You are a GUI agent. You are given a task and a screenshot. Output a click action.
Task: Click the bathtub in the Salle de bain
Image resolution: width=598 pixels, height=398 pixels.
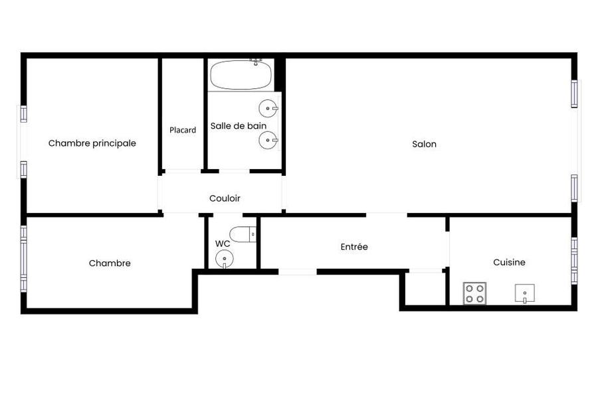[241, 75]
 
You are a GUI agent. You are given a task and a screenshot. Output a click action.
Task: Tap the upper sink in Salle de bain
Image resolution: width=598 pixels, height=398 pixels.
[268, 109]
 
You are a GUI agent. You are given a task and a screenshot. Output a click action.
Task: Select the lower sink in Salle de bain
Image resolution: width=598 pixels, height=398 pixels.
[268, 140]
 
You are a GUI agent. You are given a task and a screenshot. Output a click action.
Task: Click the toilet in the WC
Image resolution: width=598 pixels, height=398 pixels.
[243, 234]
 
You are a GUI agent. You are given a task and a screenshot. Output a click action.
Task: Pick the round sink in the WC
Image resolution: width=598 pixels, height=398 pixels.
[225, 259]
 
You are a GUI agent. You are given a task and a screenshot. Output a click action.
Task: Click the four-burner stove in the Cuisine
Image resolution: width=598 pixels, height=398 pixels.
[475, 293]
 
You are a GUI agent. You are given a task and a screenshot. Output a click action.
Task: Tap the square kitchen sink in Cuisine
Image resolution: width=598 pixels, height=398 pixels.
[525, 293]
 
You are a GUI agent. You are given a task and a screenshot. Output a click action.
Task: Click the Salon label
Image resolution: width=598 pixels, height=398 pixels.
[424, 144]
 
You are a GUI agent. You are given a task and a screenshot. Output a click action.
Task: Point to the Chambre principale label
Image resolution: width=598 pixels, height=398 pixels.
[92, 143]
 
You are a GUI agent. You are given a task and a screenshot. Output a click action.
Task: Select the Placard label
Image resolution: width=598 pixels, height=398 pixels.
[183, 130]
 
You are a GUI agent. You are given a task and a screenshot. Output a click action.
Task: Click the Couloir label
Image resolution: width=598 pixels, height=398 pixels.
[225, 198]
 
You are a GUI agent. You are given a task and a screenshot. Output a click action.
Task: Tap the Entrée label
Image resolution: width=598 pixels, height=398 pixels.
[354, 247]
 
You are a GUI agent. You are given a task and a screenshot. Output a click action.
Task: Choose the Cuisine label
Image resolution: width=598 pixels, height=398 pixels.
[509, 263]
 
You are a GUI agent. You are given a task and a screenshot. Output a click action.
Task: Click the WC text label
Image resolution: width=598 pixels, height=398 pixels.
[223, 243]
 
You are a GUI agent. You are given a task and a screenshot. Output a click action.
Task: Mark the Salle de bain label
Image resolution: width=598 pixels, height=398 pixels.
[239, 125]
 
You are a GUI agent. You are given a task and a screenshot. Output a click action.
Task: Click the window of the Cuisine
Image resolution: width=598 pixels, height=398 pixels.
[574, 261]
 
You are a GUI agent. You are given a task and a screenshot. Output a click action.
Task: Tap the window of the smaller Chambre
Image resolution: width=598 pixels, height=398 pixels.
[24, 259]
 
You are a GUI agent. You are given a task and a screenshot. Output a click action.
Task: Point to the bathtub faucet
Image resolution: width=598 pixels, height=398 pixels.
[256, 62]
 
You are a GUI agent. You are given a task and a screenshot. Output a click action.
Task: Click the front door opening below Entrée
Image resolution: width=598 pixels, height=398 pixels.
[298, 271]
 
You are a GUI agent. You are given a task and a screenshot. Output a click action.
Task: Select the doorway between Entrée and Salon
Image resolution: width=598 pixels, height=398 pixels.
[387, 215]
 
